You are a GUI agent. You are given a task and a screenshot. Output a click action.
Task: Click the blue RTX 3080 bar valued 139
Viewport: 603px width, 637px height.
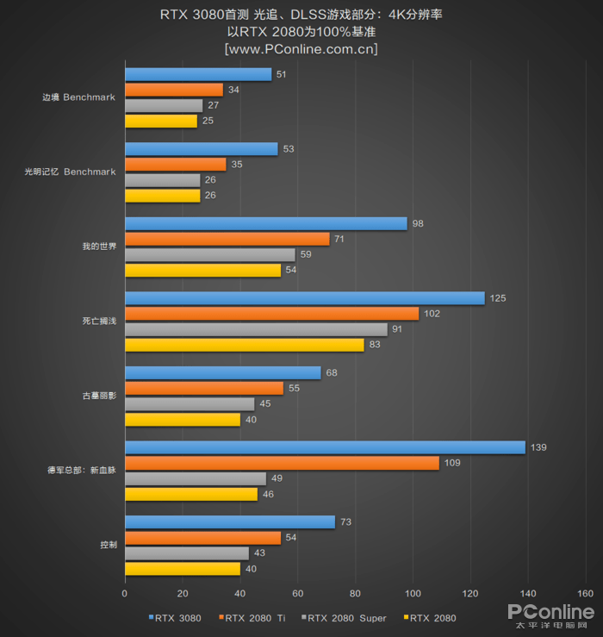325,447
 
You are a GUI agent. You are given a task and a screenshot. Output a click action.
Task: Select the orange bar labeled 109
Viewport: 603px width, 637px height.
282,463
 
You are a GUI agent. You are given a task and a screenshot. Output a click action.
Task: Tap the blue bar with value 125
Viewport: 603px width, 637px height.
305,298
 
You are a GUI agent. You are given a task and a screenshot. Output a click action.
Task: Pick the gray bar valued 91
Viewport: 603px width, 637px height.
256,329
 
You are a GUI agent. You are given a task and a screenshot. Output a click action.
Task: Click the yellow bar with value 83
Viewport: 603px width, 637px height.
245,345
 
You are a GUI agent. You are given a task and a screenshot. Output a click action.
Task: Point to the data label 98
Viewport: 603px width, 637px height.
419,223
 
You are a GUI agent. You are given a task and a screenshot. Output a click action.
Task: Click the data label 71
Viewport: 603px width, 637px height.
341,239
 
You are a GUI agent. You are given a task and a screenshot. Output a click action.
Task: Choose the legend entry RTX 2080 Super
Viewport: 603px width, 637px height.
346,617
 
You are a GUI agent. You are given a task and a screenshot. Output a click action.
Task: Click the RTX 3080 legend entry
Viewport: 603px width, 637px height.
180,617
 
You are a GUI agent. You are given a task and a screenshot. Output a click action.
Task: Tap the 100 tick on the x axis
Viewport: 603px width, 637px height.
413,593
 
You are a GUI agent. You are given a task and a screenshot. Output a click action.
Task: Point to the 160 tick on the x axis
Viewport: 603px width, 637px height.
585,593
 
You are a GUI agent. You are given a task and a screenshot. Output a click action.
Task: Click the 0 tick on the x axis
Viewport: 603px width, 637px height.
125,593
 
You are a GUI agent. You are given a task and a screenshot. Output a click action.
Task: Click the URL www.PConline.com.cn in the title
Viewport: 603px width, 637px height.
301,49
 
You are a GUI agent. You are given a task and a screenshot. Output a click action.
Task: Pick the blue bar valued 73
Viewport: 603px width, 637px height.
230,521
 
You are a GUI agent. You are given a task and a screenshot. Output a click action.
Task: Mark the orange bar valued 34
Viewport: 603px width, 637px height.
174,90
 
